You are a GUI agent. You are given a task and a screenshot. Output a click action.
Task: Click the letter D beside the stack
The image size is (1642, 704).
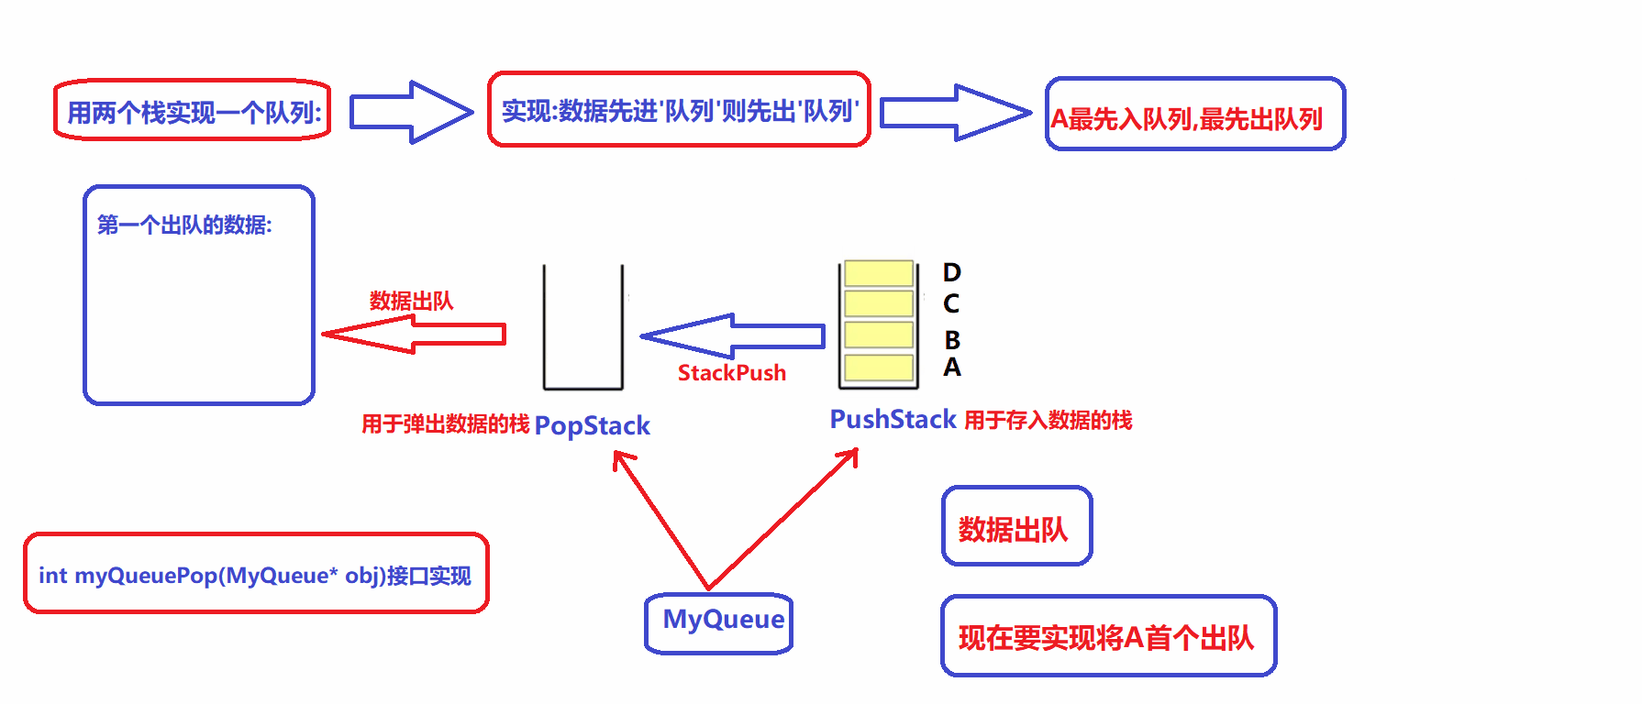(952, 272)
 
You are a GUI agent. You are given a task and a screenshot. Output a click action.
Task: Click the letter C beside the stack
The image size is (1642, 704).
(951, 303)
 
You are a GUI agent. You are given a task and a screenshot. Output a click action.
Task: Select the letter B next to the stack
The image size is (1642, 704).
(952, 340)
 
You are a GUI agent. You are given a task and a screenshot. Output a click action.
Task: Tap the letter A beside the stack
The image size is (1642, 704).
(952, 368)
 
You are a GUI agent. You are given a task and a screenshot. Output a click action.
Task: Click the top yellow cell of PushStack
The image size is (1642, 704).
(879, 273)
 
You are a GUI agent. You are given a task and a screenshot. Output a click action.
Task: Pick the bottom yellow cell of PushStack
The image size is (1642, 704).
(879, 368)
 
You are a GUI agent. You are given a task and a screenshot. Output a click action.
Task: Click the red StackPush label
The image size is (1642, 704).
(731, 373)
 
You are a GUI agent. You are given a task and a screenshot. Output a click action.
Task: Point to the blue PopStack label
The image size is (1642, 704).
(592, 425)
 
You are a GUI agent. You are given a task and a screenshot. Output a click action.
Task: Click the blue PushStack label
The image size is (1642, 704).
(893, 420)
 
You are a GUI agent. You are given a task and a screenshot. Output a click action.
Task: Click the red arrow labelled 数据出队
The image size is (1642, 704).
(413, 335)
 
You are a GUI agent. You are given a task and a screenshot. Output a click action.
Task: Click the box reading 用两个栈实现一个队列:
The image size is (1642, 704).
(193, 111)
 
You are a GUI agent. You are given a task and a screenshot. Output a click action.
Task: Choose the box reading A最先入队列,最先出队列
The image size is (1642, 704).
(1194, 115)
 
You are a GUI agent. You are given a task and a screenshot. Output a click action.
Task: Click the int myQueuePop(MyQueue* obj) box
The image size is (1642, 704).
(256, 574)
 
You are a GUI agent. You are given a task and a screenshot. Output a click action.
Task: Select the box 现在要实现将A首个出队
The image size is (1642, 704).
(1108, 636)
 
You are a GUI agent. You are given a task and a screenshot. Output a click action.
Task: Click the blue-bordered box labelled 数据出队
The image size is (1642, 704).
(1016, 526)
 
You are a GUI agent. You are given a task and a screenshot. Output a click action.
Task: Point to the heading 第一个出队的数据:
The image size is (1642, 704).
(184, 225)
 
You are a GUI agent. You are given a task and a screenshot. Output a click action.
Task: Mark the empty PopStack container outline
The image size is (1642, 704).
(583, 328)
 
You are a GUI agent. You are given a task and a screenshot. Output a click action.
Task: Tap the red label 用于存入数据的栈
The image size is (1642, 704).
(1048, 421)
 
